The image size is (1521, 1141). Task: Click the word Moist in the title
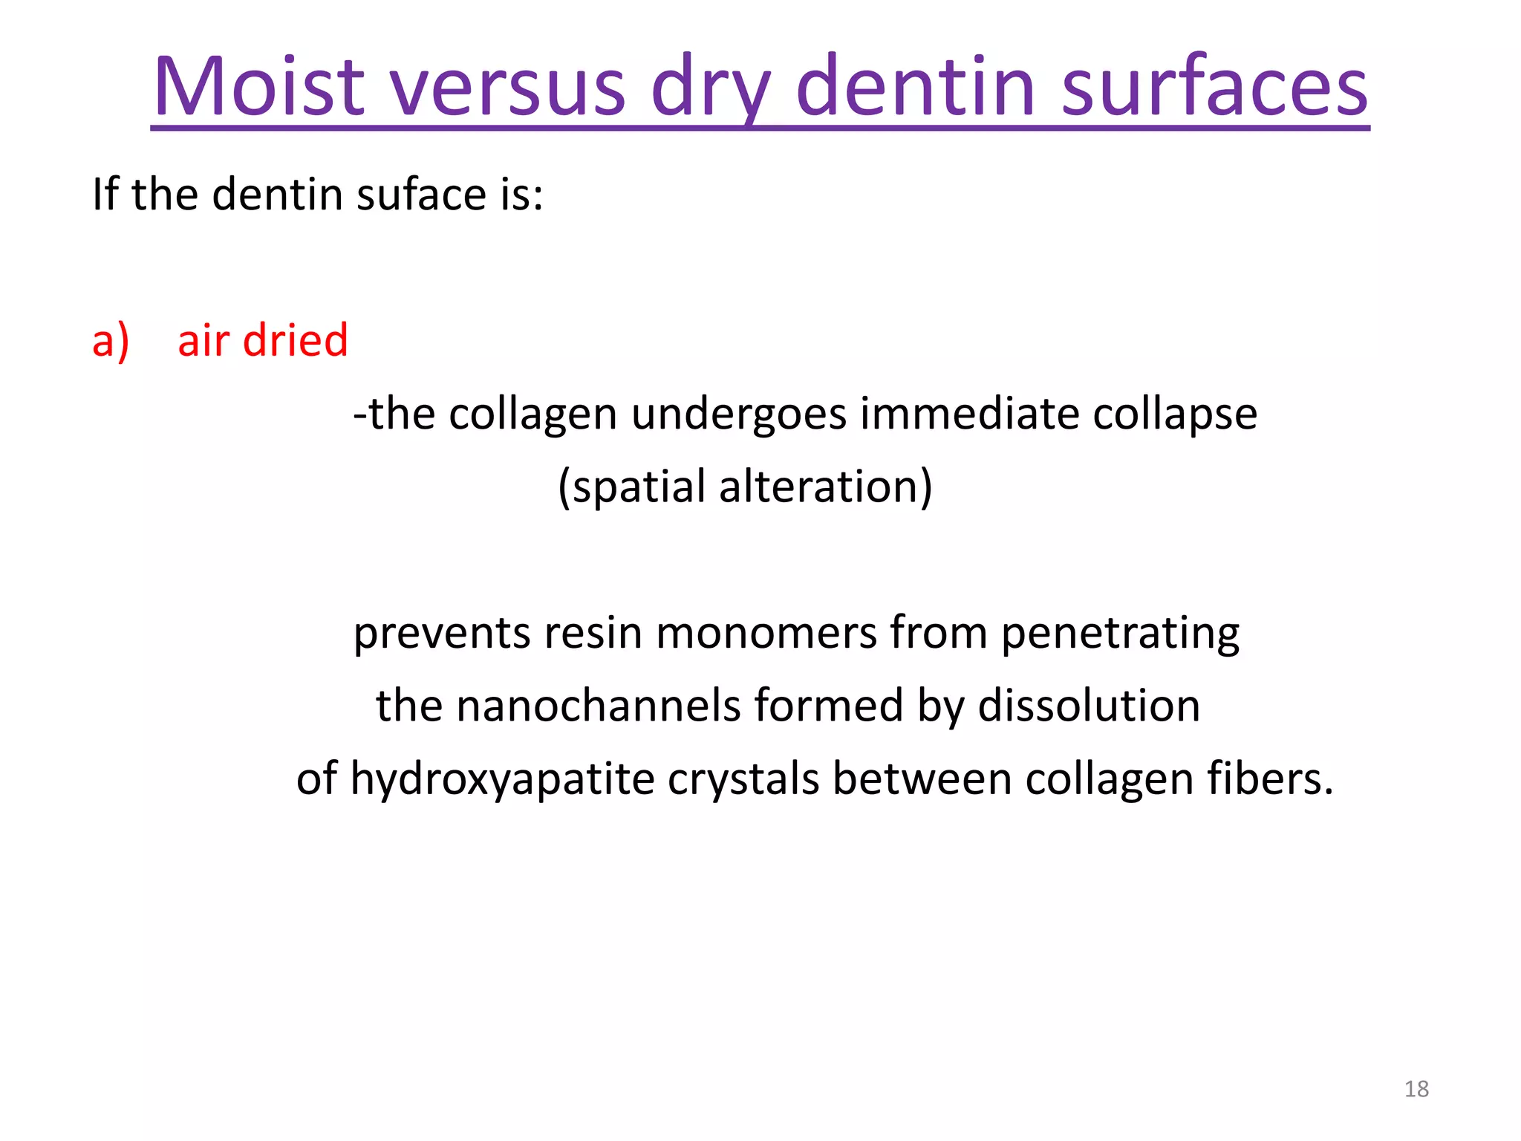click(258, 87)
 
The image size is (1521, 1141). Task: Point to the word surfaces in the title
click(1214, 87)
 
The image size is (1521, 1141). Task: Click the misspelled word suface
click(420, 195)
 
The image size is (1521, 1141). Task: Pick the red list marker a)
click(111, 341)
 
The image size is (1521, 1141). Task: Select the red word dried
click(295, 340)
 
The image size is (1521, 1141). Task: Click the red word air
click(203, 340)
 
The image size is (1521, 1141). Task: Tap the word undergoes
click(738, 414)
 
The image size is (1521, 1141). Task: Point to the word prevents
click(441, 633)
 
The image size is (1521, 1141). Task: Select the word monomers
click(766, 633)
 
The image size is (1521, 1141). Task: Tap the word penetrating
click(1120, 633)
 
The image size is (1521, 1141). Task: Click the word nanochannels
click(598, 706)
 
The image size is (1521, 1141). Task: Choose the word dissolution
click(1088, 706)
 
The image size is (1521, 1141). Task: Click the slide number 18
click(1416, 1089)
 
